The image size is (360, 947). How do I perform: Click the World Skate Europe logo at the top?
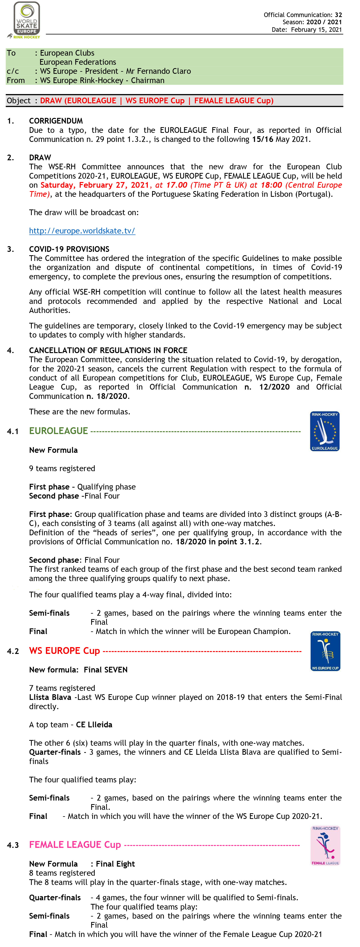coord(25,20)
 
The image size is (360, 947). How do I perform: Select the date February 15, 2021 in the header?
coord(316,30)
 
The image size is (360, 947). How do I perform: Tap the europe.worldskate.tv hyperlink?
coord(82,231)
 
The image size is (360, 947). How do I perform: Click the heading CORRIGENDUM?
coord(56,121)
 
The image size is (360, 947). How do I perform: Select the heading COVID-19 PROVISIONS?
coord(69,249)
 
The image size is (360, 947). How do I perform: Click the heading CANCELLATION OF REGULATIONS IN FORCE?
coord(108,350)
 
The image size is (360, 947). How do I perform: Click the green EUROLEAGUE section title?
coord(58,431)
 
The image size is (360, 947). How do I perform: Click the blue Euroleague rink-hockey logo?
coord(325,431)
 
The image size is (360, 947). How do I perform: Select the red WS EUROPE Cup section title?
coord(64,651)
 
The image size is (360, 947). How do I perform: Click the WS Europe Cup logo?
coord(325,651)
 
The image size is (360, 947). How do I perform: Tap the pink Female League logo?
coord(325,846)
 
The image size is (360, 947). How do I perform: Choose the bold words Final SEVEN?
coord(106,670)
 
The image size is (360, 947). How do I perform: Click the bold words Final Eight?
coord(115,864)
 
